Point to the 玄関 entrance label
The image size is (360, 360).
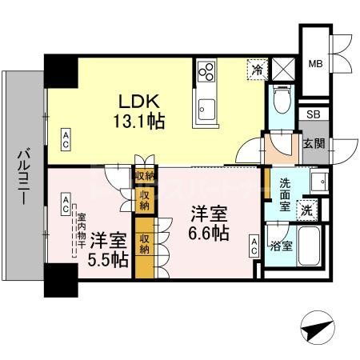click(313, 144)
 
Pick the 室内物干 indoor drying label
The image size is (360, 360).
click(81, 227)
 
